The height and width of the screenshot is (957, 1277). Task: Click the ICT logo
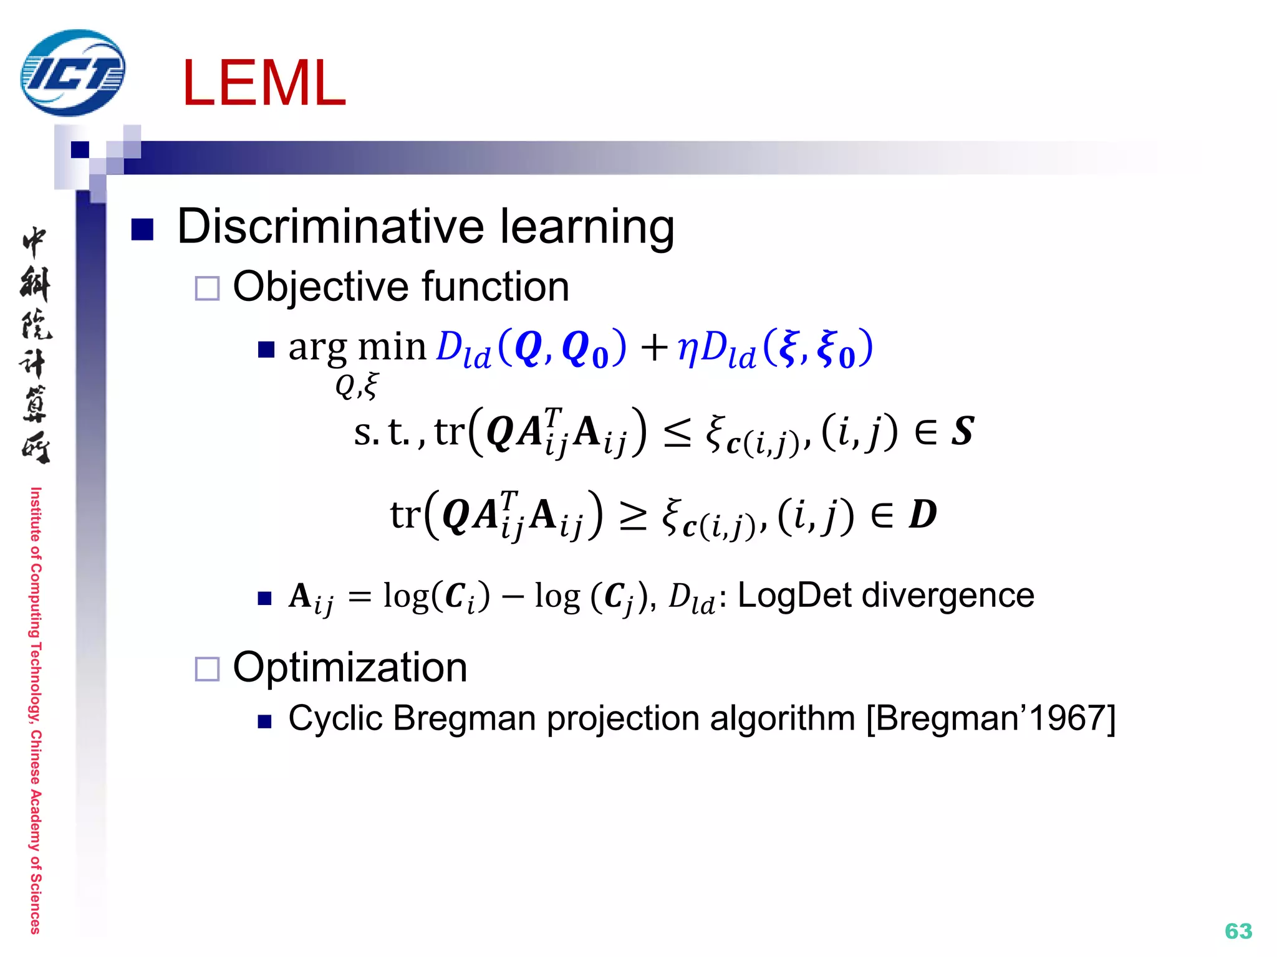point(72,73)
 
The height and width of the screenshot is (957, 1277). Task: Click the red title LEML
point(264,84)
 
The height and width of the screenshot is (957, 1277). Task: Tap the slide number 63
point(1238,931)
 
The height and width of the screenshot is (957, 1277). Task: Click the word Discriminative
point(330,226)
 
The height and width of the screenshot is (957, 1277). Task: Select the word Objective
point(321,287)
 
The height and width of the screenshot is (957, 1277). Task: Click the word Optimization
point(350,668)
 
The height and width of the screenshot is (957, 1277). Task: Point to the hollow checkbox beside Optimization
point(207,669)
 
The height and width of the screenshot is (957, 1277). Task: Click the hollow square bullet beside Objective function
point(207,288)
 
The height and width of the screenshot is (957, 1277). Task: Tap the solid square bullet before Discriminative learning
point(142,229)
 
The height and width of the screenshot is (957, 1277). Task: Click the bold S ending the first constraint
point(962,431)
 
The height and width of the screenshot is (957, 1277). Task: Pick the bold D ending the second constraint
point(923,515)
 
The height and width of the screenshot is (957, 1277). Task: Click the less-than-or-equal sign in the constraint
point(677,432)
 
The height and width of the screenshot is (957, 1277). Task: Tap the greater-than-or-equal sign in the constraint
point(633,516)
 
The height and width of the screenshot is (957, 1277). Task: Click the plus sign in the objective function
point(654,347)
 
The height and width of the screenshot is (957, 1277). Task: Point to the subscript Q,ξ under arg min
point(356,386)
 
